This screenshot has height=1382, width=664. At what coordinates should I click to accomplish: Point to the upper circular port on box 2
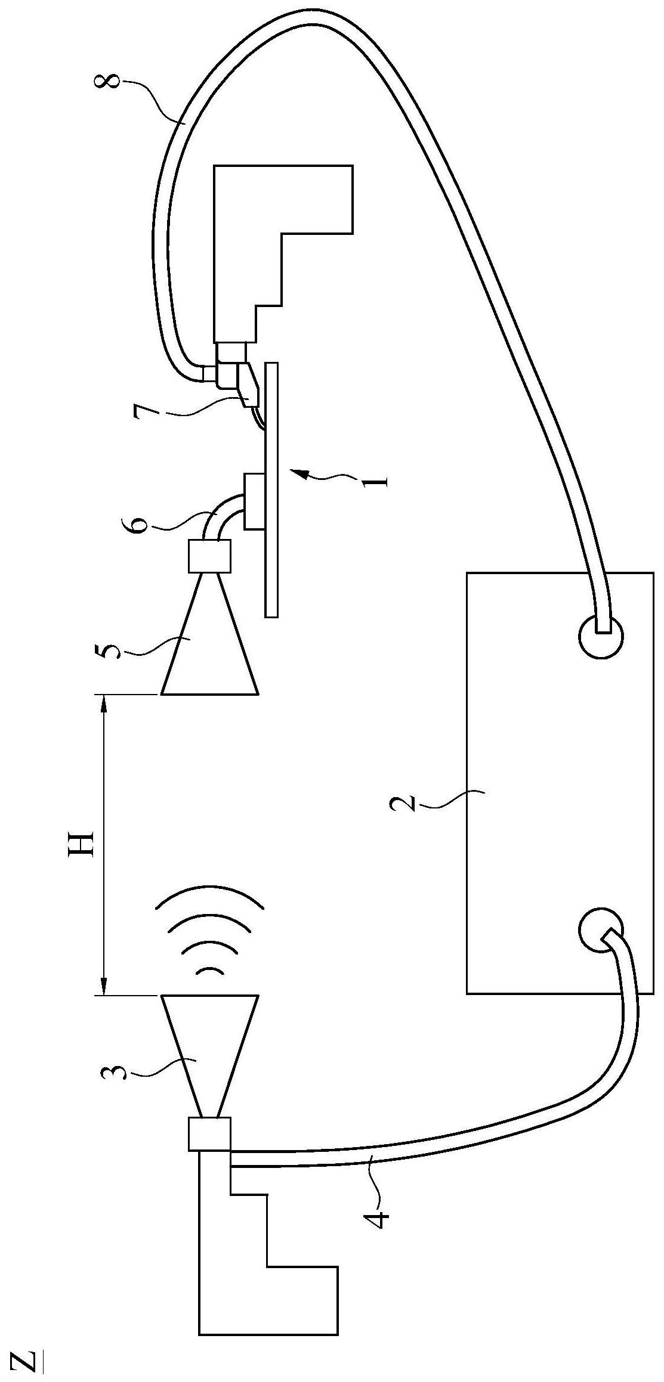click(x=601, y=636)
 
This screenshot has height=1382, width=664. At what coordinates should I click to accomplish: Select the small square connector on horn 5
click(x=209, y=555)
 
